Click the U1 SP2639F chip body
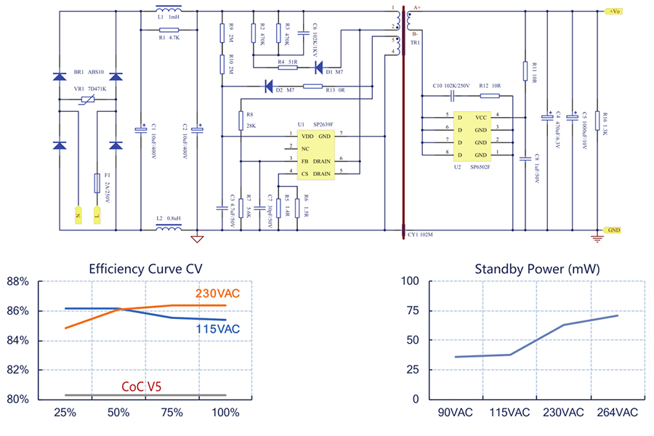click(x=315, y=154)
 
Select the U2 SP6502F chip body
click(x=472, y=136)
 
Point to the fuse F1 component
click(x=97, y=183)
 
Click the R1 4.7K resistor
click(x=169, y=30)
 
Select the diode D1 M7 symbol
click(x=318, y=68)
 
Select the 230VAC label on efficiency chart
click(x=217, y=294)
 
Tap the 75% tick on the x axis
click(x=172, y=413)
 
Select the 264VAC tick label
click(x=616, y=413)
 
